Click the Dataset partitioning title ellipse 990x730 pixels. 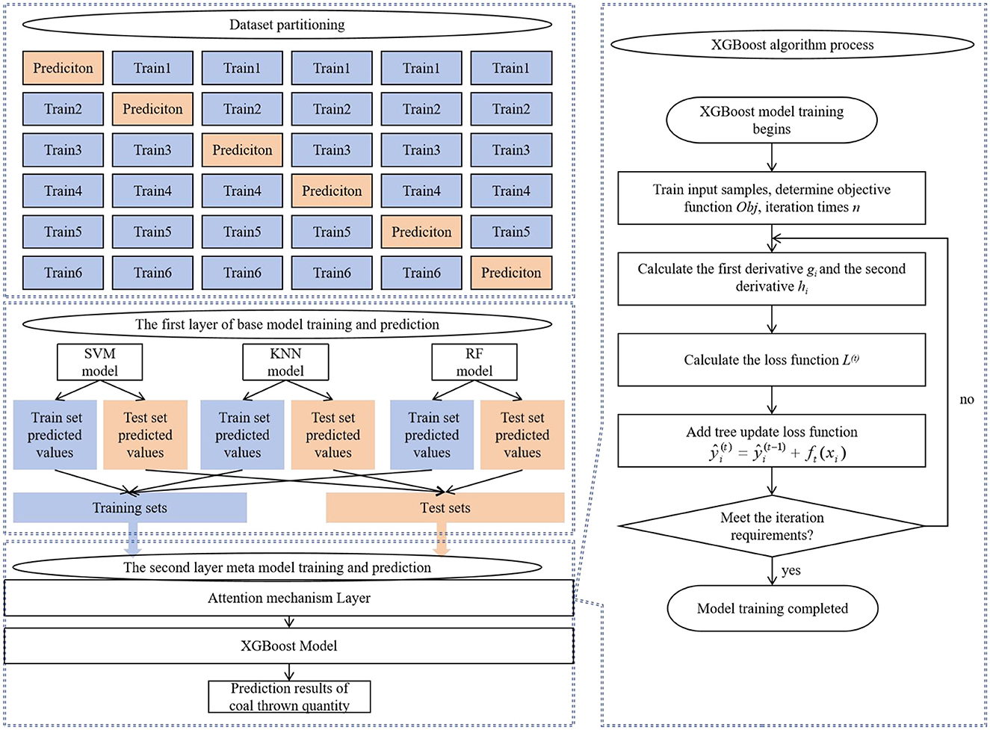(287, 25)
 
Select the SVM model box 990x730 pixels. (99, 362)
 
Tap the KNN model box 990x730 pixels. (285, 362)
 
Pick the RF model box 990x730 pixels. (474, 362)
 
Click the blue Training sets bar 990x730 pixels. (129, 508)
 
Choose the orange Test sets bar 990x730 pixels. (445, 508)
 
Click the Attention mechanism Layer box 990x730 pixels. (288, 598)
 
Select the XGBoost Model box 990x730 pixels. (288, 646)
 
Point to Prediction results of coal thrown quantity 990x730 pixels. (289, 696)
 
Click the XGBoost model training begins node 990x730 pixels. (771, 120)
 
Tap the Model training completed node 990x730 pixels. (772, 608)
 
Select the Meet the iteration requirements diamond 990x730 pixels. (772, 526)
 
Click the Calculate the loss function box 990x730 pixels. (771, 359)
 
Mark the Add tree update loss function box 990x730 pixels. (771, 442)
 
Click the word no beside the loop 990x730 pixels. (967, 400)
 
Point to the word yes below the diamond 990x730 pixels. (791, 571)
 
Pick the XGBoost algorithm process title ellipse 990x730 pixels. (792, 45)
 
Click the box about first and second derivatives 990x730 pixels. (771, 278)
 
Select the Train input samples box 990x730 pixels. (771, 198)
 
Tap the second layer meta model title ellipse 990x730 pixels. (277, 568)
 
